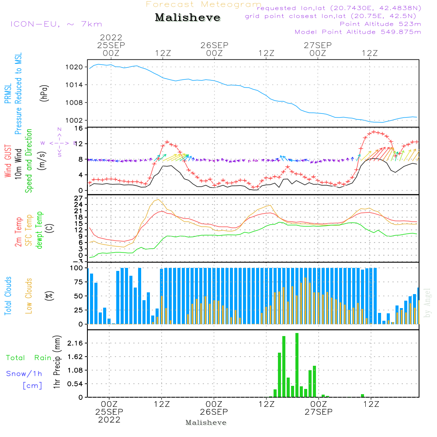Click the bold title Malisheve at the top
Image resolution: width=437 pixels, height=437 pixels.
[187, 18]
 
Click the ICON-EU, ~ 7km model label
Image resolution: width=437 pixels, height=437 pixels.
[56, 24]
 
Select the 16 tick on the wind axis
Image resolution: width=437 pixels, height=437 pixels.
[79, 128]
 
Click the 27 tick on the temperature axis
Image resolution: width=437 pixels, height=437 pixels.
[79, 198]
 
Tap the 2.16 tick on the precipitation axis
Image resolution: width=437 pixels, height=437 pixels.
[75, 343]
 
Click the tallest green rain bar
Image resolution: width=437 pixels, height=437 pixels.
[297, 365]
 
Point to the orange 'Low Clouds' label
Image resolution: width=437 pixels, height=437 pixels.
[29, 296]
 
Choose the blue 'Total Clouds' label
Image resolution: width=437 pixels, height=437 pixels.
[8, 296]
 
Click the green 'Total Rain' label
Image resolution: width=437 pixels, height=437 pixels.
[29, 358]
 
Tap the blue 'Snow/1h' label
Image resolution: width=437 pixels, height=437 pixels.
[24, 374]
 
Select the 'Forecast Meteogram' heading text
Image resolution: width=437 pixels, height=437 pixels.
[204, 4]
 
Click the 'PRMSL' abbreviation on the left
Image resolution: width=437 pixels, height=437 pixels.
[8, 93]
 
